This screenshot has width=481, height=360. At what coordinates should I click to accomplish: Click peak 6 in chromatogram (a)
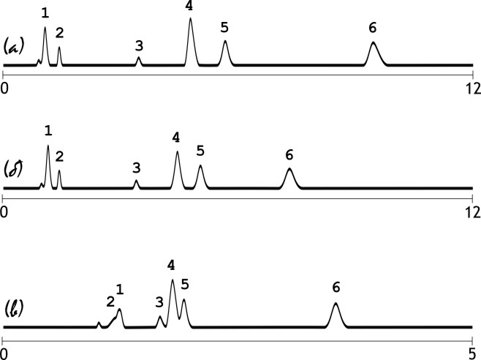tap(374, 53)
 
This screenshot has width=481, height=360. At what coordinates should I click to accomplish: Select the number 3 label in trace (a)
tap(139, 45)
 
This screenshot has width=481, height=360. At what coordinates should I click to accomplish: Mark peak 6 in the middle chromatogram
tap(290, 178)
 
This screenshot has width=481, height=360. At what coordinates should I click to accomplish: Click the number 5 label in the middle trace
tap(200, 151)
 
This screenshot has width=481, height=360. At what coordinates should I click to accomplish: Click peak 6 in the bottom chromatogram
tap(336, 313)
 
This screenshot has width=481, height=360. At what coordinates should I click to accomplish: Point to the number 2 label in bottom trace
tap(110, 301)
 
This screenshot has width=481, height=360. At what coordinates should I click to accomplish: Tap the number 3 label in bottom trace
tap(159, 301)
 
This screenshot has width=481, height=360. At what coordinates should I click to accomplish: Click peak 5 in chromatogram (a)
tap(225, 51)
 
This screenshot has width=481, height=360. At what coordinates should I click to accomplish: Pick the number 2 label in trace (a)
tap(59, 32)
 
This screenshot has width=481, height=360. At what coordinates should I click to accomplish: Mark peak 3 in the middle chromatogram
tap(136, 184)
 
